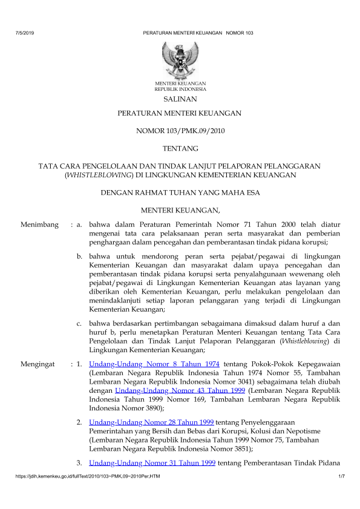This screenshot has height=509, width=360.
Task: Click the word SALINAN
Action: click(180, 99)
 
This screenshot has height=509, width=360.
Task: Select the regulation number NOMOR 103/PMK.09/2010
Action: click(180, 130)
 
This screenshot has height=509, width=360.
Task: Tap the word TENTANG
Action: click(180, 148)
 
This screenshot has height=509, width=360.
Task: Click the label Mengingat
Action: click(38, 364)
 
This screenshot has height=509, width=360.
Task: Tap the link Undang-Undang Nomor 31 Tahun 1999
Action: click(152, 464)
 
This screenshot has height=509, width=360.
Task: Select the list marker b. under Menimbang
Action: click(80, 257)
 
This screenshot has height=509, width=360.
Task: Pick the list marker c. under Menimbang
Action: click(80, 323)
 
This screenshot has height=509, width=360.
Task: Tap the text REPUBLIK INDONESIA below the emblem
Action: click(180, 88)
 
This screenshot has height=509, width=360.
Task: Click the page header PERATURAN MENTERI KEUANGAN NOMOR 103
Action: click(198, 31)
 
